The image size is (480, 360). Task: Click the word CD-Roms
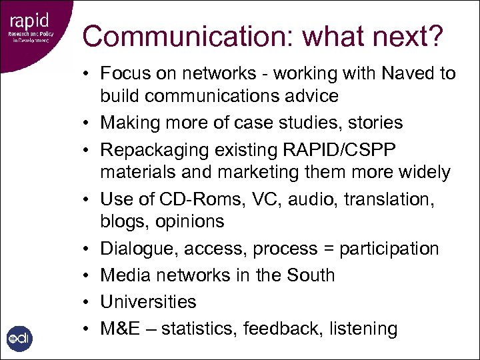(x=188, y=199)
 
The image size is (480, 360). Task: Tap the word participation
(x=389, y=249)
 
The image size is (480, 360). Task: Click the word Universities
(x=148, y=301)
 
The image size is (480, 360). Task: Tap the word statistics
(x=198, y=328)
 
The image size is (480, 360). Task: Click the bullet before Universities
(x=87, y=301)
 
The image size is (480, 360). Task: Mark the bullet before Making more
(x=87, y=123)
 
